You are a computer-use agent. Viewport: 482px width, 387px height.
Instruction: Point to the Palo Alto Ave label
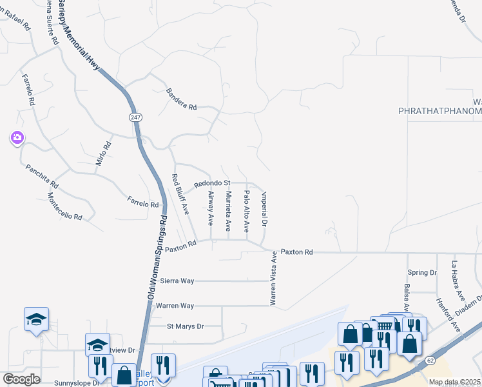pos(247,211)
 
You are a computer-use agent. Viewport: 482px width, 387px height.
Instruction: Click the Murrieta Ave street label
pos(228,211)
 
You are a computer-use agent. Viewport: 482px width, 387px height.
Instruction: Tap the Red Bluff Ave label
pos(181,194)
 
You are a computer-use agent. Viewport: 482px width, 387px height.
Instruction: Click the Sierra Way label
pos(178,281)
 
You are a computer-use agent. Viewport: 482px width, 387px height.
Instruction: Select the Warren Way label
pos(175,305)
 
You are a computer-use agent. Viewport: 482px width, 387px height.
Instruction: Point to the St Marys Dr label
pos(185,326)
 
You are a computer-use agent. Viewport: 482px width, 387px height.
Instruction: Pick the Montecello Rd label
pos(64,207)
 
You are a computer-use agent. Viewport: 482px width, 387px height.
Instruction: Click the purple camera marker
pos(17,137)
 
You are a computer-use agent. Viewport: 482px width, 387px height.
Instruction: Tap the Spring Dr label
pos(422,273)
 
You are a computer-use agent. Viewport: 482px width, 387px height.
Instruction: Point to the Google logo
pos(21,379)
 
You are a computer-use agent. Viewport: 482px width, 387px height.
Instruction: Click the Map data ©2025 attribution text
pos(454,382)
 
